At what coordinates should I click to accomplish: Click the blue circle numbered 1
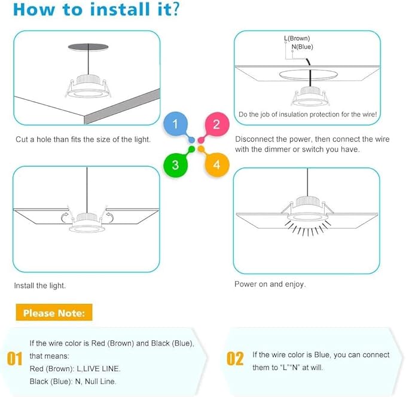(175, 124)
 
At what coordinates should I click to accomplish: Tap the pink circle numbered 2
(216, 124)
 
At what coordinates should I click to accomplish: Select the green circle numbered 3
(175, 165)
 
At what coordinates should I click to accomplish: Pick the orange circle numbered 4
(216, 165)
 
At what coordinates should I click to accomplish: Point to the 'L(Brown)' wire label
(297, 39)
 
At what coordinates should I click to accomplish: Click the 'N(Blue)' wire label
(302, 47)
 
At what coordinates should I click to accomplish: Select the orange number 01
(14, 359)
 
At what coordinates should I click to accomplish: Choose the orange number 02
(235, 359)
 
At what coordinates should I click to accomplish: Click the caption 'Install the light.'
(40, 285)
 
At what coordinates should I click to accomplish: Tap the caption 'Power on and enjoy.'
(270, 284)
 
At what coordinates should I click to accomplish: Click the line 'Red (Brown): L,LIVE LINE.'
(75, 368)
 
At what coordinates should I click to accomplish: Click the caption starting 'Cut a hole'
(83, 139)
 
